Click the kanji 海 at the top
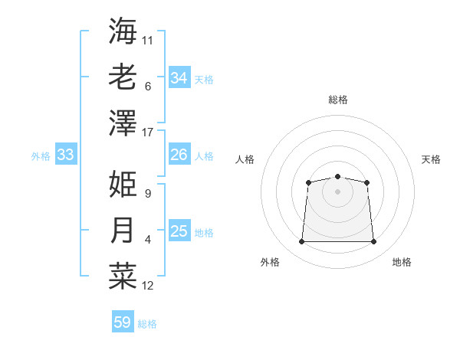point(123,31)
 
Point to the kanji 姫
point(123,185)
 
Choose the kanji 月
point(123,231)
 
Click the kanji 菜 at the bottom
point(123,277)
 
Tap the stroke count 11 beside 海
point(148,40)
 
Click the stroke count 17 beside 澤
point(148,132)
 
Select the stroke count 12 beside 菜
point(148,286)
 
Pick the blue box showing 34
point(179,78)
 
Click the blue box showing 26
point(179,155)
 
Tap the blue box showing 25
point(179,232)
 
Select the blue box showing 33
point(65,155)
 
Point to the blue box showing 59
point(122,322)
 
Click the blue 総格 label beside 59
point(147,324)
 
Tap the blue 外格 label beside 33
point(41,156)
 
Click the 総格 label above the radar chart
point(337,100)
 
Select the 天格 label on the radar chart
point(431,159)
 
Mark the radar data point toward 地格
point(373,242)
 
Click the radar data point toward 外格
point(301,242)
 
